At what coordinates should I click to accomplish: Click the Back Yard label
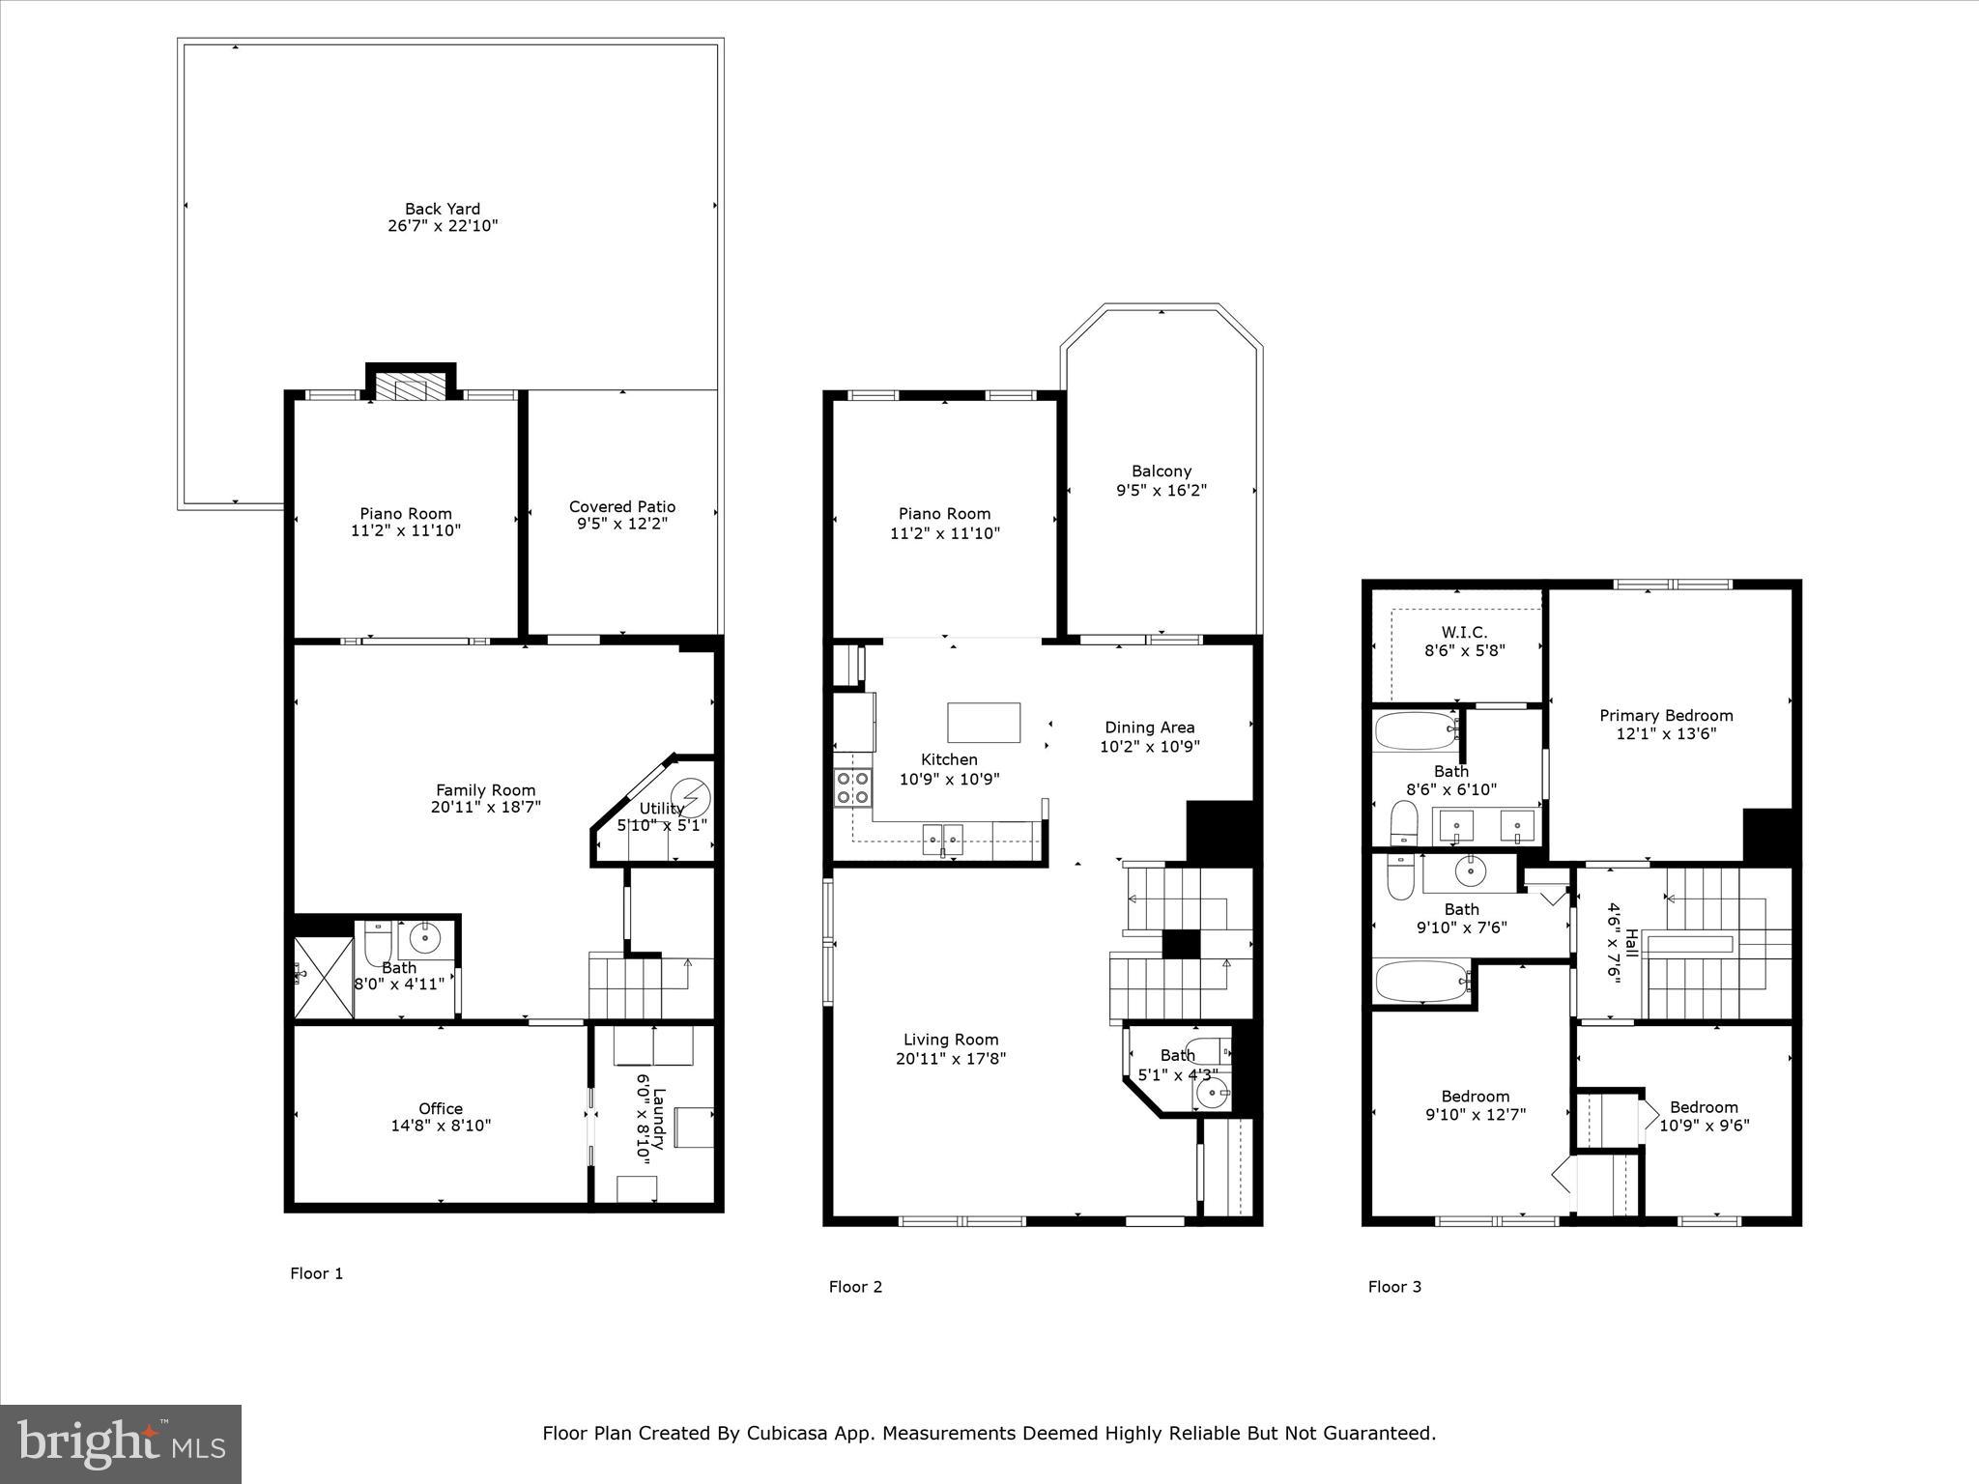(x=443, y=209)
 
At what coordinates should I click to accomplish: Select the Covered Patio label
(x=621, y=506)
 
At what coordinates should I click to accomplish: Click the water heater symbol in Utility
(x=692, y=799)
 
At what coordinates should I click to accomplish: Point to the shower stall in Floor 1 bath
(x=324, y=977)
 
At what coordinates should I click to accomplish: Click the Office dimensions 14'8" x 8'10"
(x=441, y=1126)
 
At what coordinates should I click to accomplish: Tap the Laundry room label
(x=659, y=1119)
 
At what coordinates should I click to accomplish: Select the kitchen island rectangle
(x=984, y=722)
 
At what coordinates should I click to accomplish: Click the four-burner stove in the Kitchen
(x=852, y=787)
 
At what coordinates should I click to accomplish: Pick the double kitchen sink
(x=941, y=839)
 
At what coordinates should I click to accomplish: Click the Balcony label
(x=1161, y=471)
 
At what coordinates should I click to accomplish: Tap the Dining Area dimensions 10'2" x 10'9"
(x=1150, y=746)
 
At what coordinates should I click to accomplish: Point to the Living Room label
(x=951, y=1040)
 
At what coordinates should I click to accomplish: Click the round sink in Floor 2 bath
(x=1210, y=1095)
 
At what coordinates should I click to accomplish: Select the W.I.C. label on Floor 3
(x=1464, y=632)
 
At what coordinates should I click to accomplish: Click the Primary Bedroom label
(x=1666, y=716)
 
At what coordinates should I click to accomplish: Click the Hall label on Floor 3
(x=1631, y=943)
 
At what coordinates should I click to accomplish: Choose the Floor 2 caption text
(x=855, y=1286)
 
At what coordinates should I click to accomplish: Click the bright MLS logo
(x=121, y=1443)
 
